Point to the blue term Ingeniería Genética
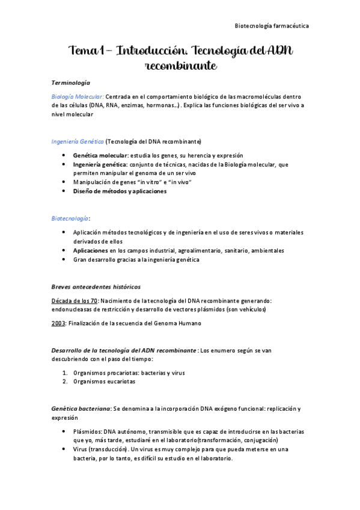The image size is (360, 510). pos(78,142)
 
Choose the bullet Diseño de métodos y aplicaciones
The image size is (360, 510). pos(120,191)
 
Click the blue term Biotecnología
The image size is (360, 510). pos(69,219)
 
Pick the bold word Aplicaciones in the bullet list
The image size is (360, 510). pos(90,250)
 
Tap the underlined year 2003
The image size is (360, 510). pos(59,323)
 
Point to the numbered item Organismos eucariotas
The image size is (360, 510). pos(104,381)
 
